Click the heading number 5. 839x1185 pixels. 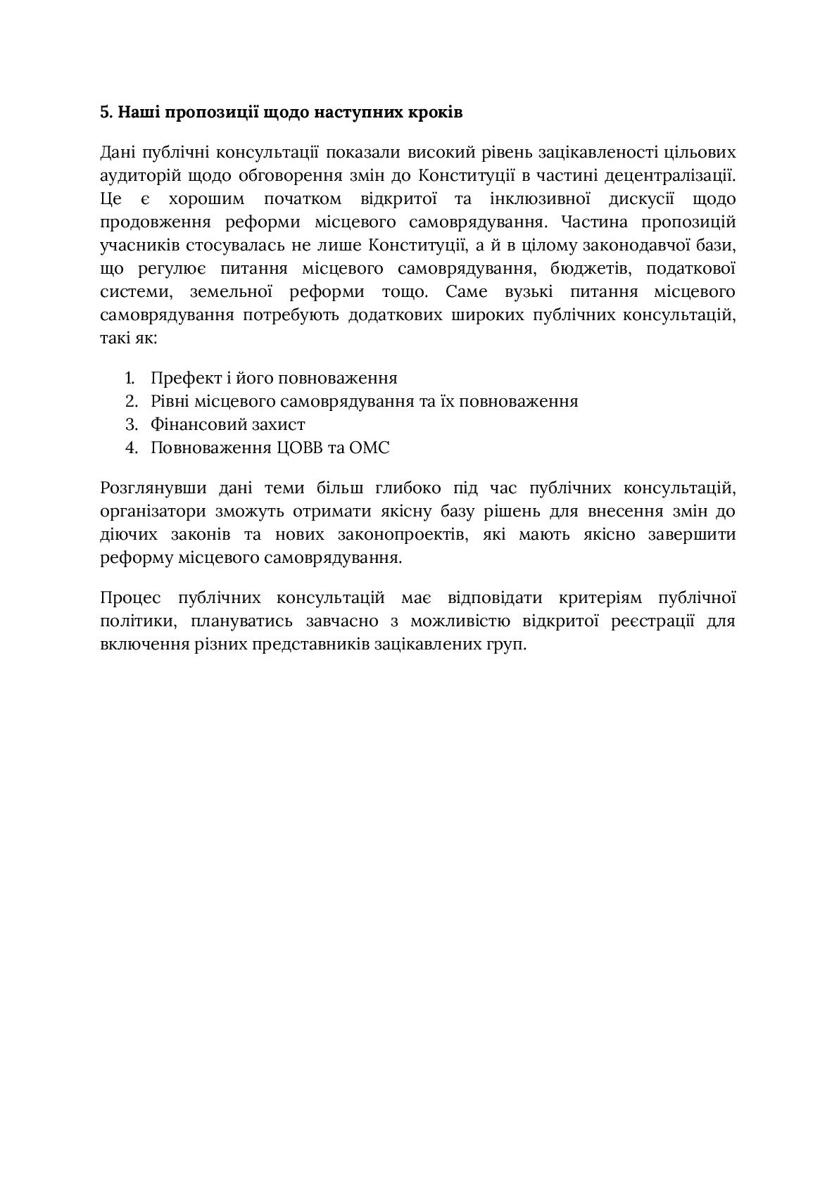[106, 112]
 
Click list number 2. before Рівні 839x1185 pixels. [131, 401]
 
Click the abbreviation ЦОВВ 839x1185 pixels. [298, 448]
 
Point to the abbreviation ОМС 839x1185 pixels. [368, 448]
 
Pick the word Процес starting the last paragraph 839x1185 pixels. [130, 598]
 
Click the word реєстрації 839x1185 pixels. [652, 621]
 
